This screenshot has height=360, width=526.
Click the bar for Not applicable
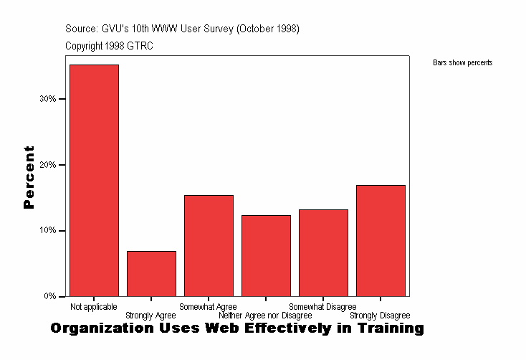point(94,180)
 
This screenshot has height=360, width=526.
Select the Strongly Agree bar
point(151,273)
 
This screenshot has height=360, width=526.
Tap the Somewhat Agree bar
point(209,245)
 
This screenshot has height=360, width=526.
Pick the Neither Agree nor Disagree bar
point(266,255)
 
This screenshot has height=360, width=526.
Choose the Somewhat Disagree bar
point(323,252)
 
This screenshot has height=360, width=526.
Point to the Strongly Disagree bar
point(381,240)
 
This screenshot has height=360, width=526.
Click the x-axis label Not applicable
point(94,307)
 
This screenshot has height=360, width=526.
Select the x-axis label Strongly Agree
point(150,316)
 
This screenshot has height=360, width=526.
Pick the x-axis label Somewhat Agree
point(208,307)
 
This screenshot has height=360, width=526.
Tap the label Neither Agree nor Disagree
point(265,316)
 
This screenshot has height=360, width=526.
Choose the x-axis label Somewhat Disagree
point(322,307)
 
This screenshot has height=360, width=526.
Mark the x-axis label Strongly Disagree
point(380,316)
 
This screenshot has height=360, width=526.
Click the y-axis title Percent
point(29,176)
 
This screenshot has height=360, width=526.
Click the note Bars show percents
point(462,63)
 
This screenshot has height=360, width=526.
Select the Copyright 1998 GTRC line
point(109,46)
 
